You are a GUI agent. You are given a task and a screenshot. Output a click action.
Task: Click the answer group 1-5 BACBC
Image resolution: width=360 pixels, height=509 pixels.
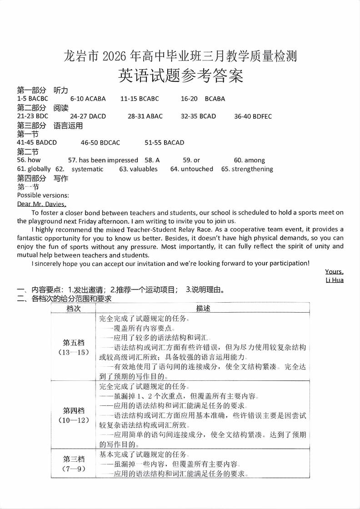click(x=33, y=99)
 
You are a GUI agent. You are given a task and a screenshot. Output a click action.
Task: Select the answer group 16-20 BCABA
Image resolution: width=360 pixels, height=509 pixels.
click(x=203, y=99)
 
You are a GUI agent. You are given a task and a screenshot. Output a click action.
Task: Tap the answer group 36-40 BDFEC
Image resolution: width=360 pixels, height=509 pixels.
click(x=253, y=116)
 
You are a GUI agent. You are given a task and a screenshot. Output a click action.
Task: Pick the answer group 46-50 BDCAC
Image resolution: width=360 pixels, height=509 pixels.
click(x=100, y=143)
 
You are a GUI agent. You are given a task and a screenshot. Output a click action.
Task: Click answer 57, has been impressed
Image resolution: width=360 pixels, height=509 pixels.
click(x=103, y=160)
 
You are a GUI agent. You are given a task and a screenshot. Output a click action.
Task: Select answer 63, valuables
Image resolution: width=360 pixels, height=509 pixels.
click(x=138, y=169)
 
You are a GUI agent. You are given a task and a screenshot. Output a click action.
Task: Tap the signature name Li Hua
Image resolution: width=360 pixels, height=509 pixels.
click(x=335, y=280)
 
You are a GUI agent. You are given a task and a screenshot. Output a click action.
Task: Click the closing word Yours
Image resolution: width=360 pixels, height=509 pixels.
click(x=334, y=272)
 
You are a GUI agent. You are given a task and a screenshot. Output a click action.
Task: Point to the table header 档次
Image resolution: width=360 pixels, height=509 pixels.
click(x=74, y=308)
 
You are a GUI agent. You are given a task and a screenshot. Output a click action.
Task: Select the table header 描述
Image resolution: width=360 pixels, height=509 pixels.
click(x=203, y=308)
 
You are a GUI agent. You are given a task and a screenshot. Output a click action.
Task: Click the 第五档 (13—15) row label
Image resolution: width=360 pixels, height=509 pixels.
click(x=74, y=347)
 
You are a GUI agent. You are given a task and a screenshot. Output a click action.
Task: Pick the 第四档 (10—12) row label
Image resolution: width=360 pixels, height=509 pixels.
click(x=74, y=415)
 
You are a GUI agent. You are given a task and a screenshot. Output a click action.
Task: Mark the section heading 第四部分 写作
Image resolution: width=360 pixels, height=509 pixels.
click(x=42, y=178)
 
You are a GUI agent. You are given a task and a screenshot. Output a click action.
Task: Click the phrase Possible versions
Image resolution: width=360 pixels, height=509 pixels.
click(x=43, y=195)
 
